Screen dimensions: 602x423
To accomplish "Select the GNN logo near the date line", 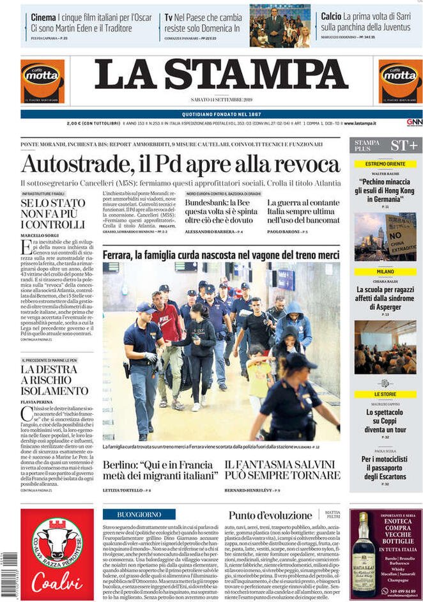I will [414, 122].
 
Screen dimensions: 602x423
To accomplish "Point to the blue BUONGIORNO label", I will [139, 514].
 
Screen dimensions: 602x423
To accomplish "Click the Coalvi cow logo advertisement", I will [57, 553].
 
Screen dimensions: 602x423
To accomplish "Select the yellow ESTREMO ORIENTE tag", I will [385, 164].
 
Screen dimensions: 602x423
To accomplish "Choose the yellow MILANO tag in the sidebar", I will [385, 272].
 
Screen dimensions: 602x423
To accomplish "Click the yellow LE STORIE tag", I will [385, 394].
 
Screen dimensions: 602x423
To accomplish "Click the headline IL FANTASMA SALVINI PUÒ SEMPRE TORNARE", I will [282, 470].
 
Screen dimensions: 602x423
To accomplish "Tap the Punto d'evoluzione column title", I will [271, 515].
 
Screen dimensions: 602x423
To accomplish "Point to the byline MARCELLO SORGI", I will [40, 236].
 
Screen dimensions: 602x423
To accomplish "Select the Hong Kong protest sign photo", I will [385, 236].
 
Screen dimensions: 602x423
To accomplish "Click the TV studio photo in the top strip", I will [280, 26].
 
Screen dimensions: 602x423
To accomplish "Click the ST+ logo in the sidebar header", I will [404, 145].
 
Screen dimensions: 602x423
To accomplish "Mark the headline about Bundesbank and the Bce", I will [220, 211].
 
